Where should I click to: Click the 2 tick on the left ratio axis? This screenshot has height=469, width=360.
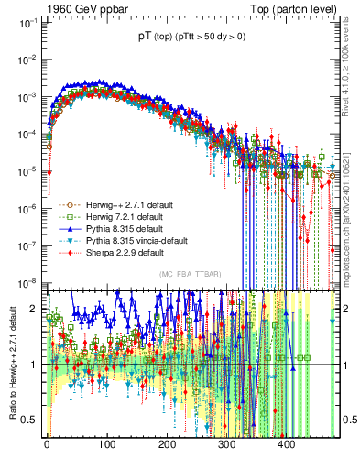click(35, 309)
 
